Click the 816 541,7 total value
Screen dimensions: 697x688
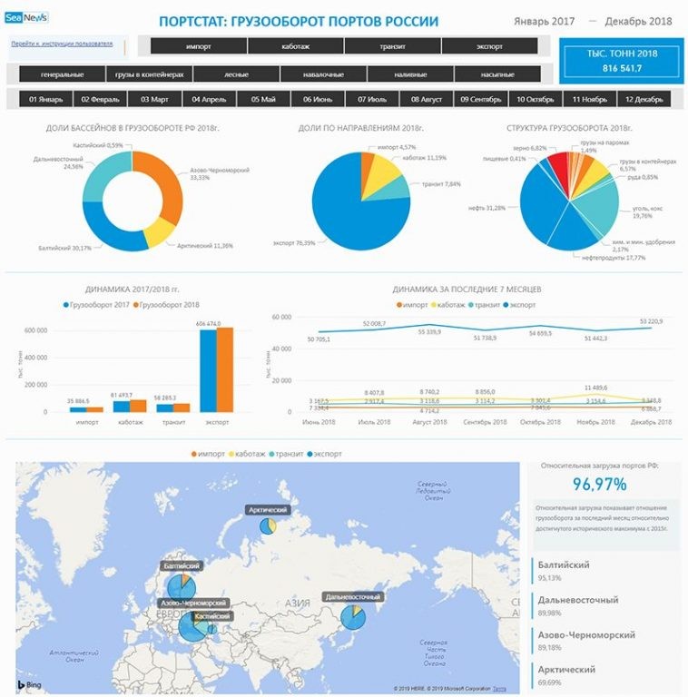coord(622,68)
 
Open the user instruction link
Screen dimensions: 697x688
coord(63,43)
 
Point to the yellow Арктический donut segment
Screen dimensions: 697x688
coord(160,232)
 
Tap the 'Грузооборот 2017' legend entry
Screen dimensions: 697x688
coord(100,304)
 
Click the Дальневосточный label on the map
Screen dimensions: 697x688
coord(351,597)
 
